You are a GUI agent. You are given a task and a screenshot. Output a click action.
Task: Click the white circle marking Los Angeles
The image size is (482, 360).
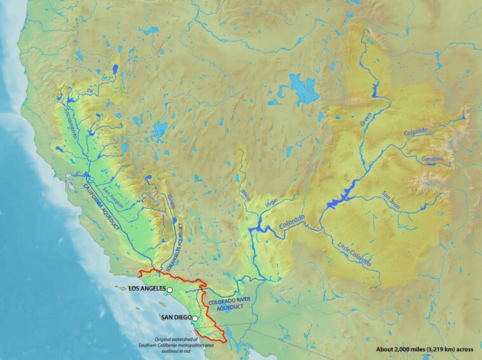(x=170, y=289)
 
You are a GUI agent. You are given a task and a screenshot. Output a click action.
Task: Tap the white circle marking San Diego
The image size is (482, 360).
(x=195, y=318)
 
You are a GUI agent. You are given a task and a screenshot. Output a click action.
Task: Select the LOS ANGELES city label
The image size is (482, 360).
(x=146, y=289)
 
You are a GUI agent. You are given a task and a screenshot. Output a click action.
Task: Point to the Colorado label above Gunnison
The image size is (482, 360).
(x=417, y=132)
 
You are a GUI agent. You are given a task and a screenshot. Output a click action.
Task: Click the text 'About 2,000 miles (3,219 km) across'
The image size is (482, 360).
(x=424, y=349)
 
